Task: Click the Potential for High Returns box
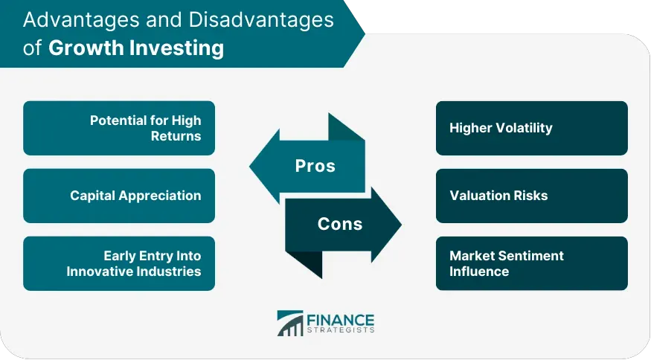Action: [119, 128]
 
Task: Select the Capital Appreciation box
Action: [119, 196]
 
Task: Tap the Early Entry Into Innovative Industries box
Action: [119, 263]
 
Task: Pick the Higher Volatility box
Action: [532, 128]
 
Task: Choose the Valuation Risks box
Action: [532, 196]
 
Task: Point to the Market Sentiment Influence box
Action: [532, 263]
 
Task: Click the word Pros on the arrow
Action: [315, 166]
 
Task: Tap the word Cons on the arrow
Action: [340, 224]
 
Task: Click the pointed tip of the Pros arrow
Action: [250, 166]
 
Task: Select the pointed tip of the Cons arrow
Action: [401, 224]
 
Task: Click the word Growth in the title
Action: [86, 48]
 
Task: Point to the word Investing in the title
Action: [177, 48]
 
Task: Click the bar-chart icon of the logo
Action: [290, 323]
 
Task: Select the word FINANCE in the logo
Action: [341, 320]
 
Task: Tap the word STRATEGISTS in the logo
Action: [341, 330]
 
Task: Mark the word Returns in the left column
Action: [176, 136]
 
